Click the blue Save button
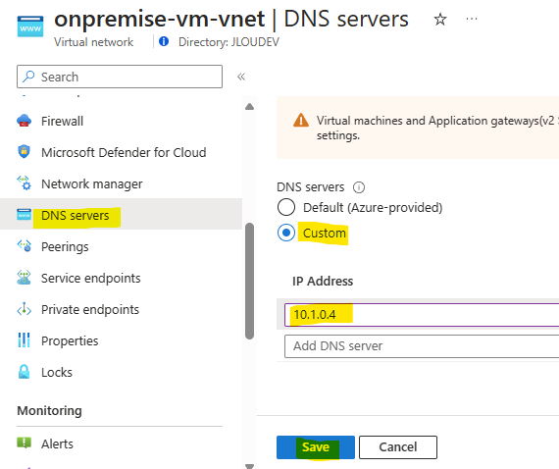(x=316, y=446)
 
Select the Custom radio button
(x=286, y=233)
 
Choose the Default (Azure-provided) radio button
(x=286, y=207)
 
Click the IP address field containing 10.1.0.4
(x=422, y=315)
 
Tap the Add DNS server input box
(x=422, y=346)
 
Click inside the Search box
(x=120, y=77)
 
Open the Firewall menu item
(x=62, y=122)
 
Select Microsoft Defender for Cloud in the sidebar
(x=124, y=153)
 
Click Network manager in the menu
(x=91, y=184)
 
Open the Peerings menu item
(x=65, y=247)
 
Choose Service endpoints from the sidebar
(x=90, y=279)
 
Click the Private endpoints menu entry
(x=90, y=310)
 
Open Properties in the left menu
(x=70, y=341)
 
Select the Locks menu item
(x=56, y=372)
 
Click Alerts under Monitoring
(x=57, y=444)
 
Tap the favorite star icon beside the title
(x=440, y=19)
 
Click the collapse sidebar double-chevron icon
(x=241, y=77)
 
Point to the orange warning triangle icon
(x=301, y=120)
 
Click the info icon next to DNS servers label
(x=359, y=187)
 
